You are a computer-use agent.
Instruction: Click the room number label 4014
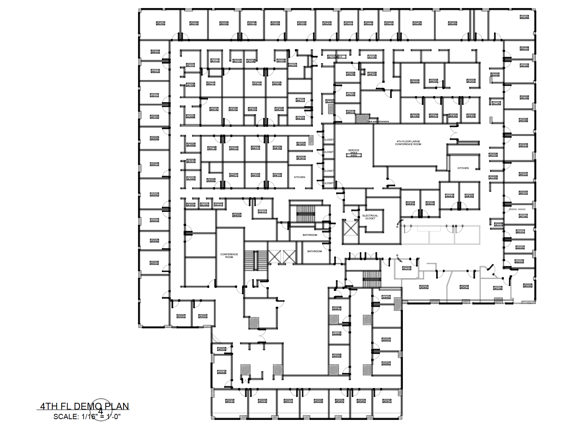[x=161, y=24]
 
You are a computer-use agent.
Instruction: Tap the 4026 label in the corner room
[x=524, y=17]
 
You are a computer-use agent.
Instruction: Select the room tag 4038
[x=527, y=286]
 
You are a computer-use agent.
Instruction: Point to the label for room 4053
[x=230, y=401]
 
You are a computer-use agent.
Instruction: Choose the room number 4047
[x=387, y=401]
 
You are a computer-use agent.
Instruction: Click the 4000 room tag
[x=181, y=316]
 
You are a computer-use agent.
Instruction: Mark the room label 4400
[x=203, y=316]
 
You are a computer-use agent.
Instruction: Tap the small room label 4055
[x=221, y=349]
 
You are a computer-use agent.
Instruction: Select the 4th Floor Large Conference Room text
[x=408, y=143]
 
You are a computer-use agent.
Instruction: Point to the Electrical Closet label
[x=370, y=217]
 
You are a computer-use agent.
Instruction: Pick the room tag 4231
[x=407, y=268]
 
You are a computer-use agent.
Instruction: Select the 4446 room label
[x=386, y=297]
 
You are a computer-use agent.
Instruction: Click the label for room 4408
[x=237, y=215]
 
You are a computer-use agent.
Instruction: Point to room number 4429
[x=350, y=74]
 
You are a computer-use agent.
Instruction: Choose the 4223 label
[x=495, y=75]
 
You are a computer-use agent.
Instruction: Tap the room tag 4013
[x=155, y=52]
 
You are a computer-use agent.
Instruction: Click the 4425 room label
[x=293, y=65]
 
